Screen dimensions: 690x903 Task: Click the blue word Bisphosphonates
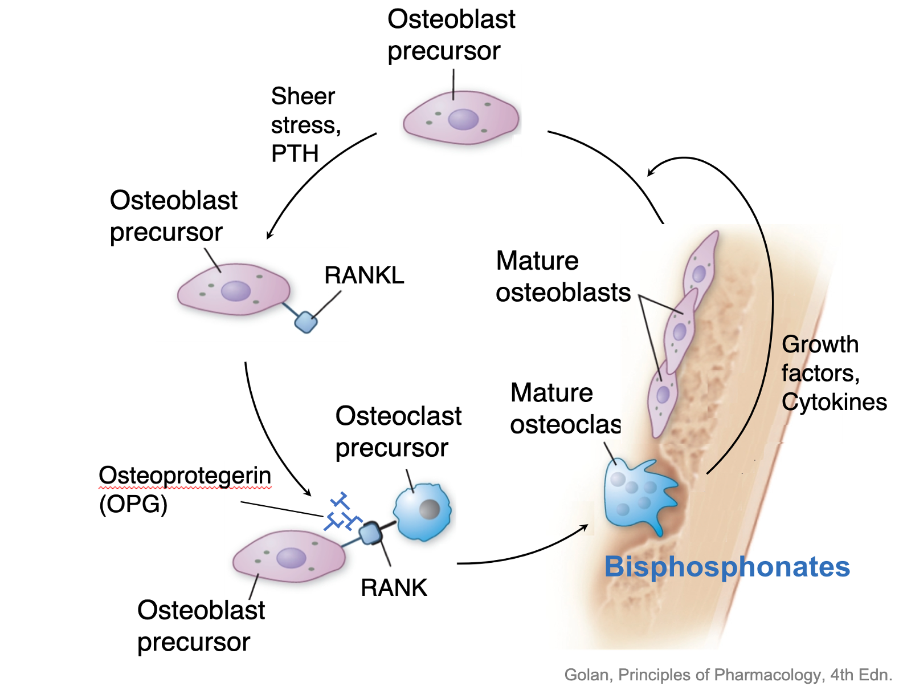[x=727, y=567]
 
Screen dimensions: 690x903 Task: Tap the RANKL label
[x=364, y=275]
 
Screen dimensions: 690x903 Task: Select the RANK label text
[x=394, y=587]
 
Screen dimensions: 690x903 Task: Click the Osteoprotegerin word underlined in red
[x=185, y=476]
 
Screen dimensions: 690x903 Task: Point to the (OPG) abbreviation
[x=133, y=504]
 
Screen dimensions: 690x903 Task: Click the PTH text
[x=295, y=154]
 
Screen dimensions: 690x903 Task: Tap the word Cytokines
[x=834, y=402]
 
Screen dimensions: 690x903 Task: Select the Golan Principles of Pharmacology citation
[x=728, y=675]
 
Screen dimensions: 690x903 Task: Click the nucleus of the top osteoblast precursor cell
[x=463, y=119]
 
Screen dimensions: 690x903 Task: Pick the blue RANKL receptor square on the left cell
[x=306, y=322]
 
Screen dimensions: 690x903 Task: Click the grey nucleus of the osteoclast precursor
[x=430, y=509]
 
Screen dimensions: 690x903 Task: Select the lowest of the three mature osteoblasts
[x=663, y=399]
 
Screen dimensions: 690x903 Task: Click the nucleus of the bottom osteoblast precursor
[x=291, y=557]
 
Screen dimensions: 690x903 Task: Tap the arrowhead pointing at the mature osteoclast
[x=585, y=526]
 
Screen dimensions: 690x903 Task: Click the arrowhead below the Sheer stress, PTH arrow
[x=269, y=236]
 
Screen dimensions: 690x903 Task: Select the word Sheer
[x=303, y=96]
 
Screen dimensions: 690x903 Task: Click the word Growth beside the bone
[x=820, y=344]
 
